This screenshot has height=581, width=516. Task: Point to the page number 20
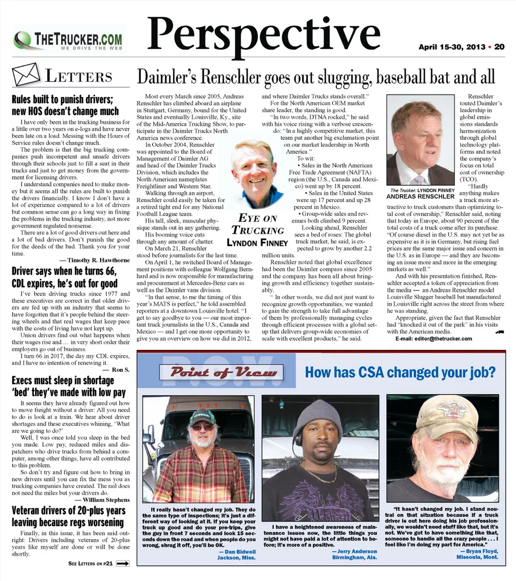[499, 47]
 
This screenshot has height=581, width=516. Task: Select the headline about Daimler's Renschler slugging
[316, 77]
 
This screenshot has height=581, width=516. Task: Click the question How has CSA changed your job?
[400, 372]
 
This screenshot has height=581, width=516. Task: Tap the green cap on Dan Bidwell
[202, 416]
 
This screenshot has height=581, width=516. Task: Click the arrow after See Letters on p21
[123, 564]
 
